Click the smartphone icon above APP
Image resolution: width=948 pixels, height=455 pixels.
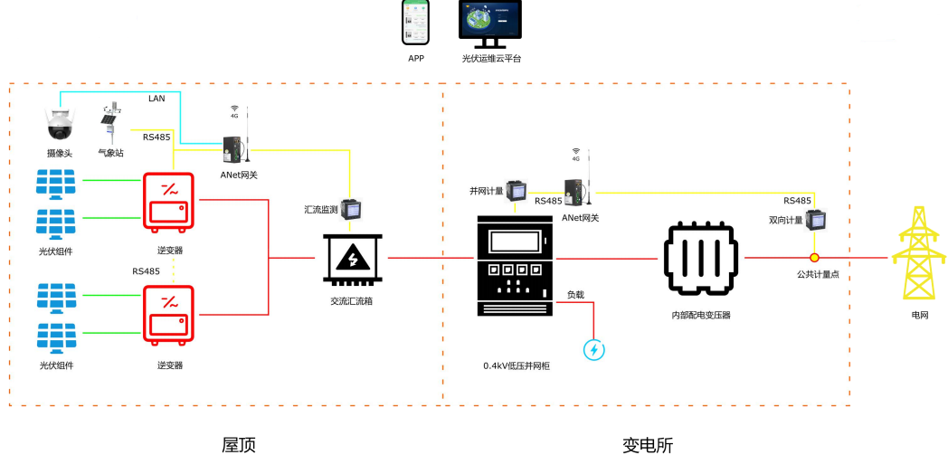pyautogui.click(x=415, y=22)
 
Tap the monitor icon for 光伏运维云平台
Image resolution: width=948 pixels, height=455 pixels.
pyautogui.click(x=490, y=24)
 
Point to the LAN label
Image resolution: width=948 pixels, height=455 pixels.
pyautogui.click(x=156, y=98)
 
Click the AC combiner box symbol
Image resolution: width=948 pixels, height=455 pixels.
pyautogui.click(x=351, y=260)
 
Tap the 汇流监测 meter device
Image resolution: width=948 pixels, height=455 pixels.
pyautogui.click(x=350, y=209)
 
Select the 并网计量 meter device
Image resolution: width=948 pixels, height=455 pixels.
pyautogui.click(x=516, y=191)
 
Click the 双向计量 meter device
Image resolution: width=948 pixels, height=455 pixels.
pyautogui.click(x=814, y=220)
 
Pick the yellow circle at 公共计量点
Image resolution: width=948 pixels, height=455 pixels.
pyautogui.click(x=814, y=258)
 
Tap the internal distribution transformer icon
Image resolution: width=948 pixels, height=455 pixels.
pyautogui.click(x=701, y=260)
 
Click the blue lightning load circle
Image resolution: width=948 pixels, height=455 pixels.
pyautogui.click(x=593, y=350)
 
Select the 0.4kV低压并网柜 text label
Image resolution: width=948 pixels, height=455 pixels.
pyautogui.click(x=516, y=365)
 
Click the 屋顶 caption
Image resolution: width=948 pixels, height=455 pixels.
pyautogui.click(x=239, y=445)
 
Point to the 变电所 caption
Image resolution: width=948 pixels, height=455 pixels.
pyautogui.click(x=648, y=446)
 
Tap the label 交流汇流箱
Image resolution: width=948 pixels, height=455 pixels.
pyautogui.click(x=351, y=300)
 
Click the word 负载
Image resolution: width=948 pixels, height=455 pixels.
pyautogui.click(x=575, y=295)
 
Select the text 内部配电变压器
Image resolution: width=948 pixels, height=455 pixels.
pyautogui.click(x=701, y=315)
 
